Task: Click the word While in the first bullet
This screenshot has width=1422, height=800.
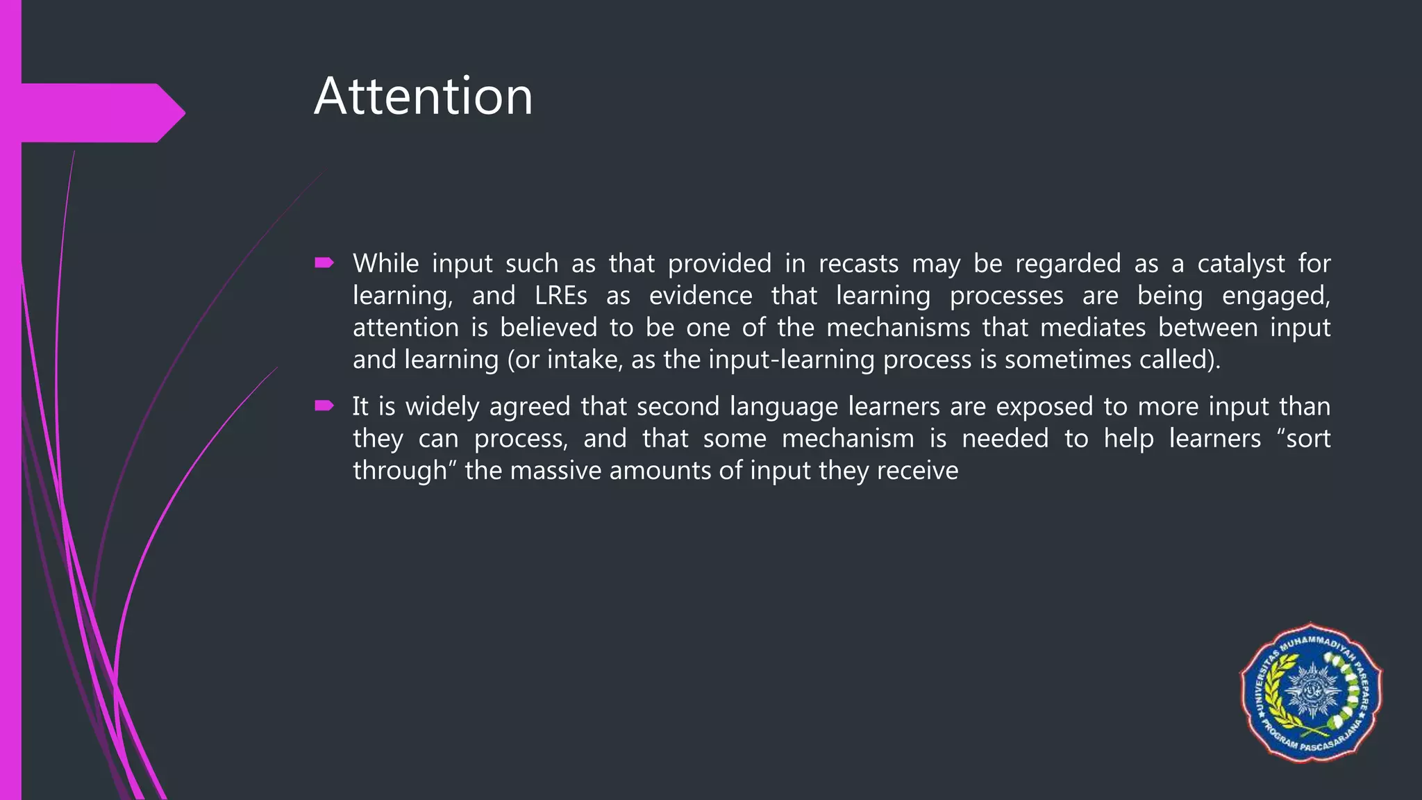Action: (385, 264)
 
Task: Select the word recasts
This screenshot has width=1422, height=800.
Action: (858, 264)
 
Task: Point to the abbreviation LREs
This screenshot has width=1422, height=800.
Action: (561, 296)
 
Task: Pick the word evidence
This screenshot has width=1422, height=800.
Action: (701, 296)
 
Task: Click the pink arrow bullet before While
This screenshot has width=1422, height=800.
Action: (324, 262)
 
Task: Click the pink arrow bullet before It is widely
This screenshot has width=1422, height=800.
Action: (324, 406)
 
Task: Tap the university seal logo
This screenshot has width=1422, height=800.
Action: (1311, 693)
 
